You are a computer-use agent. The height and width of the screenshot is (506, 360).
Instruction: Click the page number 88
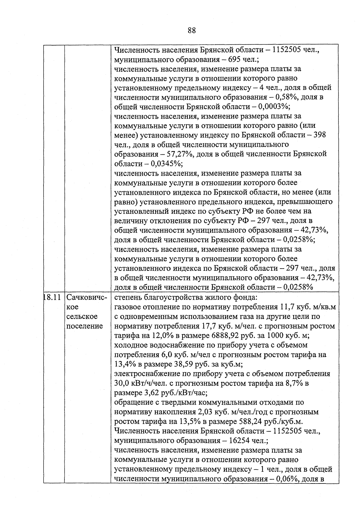pos(192,30)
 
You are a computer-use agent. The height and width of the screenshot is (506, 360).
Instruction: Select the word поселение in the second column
pos(84,326)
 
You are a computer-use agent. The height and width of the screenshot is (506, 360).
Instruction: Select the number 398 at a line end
pos(319,135)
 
